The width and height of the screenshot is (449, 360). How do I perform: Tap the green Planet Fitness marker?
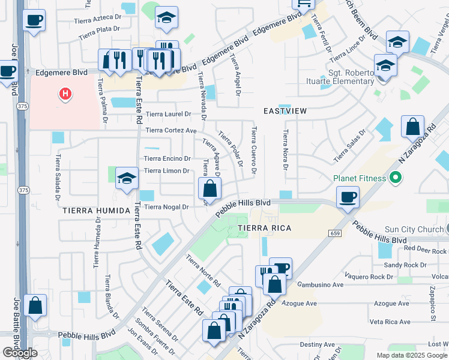pyautogui.click(x=395, y=178)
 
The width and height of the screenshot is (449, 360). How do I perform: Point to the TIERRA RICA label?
pyautogui.click(x=264, y=228)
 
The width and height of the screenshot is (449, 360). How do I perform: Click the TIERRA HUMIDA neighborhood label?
pyautogui.click(x=96, y=211)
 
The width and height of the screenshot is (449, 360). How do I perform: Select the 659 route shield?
pyautogui.click(x=334, y=233)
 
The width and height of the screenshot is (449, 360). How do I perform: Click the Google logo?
pyautogui.click(x=20, y=352)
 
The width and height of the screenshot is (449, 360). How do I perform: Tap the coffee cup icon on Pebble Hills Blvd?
pyautogui.click(x=348, y=197)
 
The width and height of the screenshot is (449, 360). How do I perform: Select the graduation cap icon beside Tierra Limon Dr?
pyautogui.click(x=127, y=178)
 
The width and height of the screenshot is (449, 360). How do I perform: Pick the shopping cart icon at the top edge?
pyautogui.click(x=304, y=4)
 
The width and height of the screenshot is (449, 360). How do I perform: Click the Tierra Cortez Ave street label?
pyautogui.click(x=171, y=130)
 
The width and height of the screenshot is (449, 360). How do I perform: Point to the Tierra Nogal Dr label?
pyautogui.click(x=167, y=207)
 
